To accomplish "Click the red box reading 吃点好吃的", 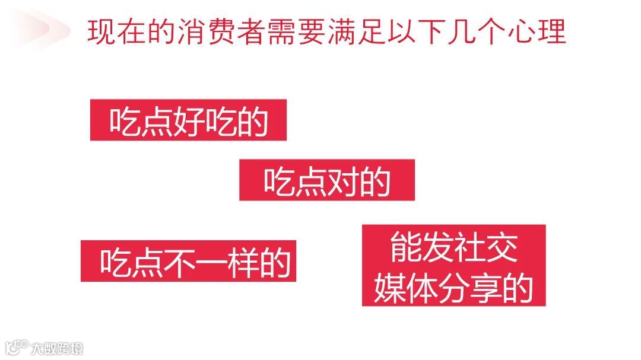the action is tap(188, 120).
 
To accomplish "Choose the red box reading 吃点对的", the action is tap(326, 180).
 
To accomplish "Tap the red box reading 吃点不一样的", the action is tap(188, 262).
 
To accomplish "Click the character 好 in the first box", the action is tap(189, 122).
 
